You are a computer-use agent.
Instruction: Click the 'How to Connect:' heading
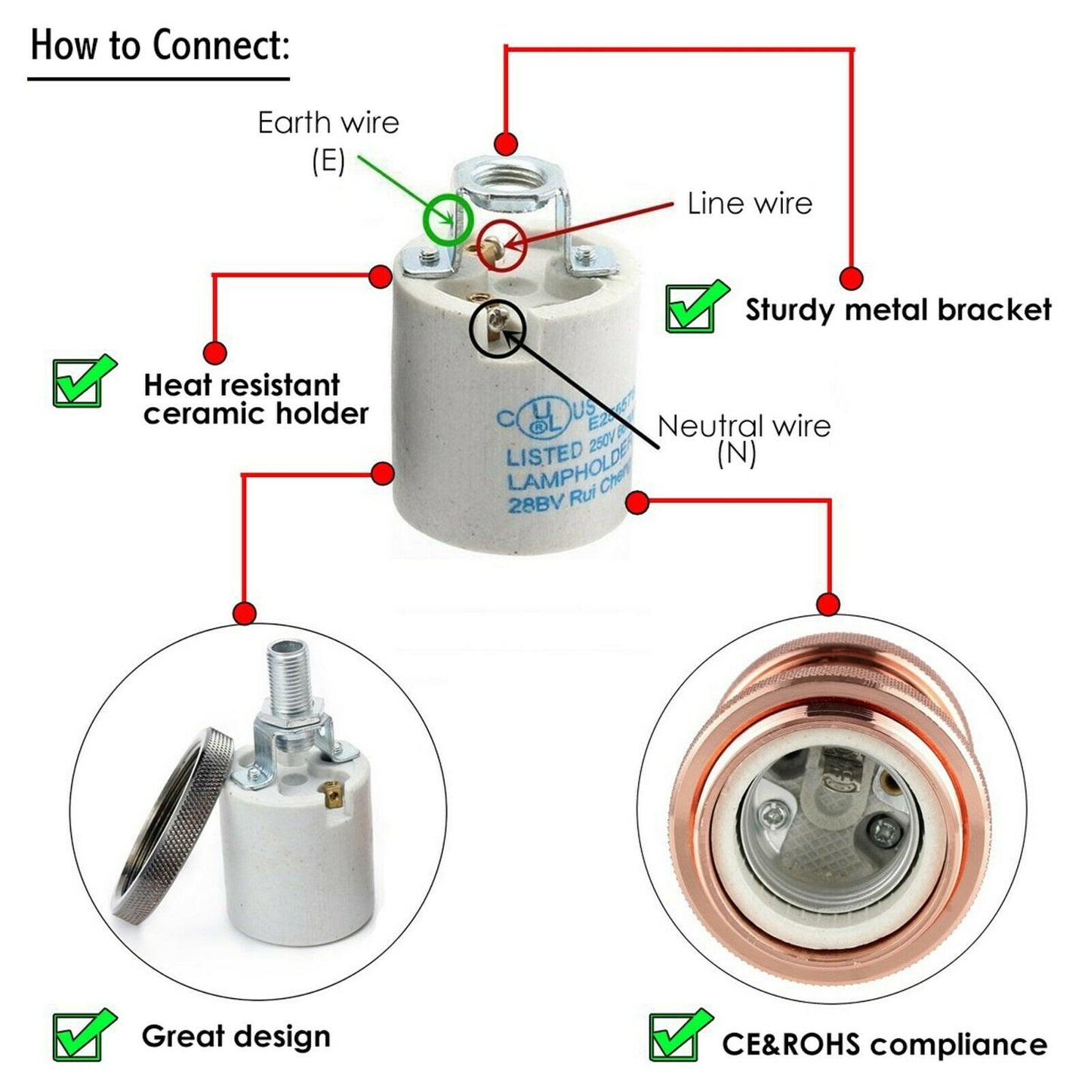pos(159,45)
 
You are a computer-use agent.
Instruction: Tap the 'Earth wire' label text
pos(328,123)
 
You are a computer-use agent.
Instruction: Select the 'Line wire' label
pos(749,204)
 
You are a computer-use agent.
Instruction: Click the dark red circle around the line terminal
pos(501,245)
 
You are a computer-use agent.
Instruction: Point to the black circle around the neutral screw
pos(495,325)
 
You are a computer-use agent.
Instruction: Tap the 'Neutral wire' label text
pos(744,427)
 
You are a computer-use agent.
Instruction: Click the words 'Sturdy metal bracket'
pos(898,310)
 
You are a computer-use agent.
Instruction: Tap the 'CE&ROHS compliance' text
pos(884,1045)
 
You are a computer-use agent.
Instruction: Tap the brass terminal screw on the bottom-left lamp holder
pos(329,793)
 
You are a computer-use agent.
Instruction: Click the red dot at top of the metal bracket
pos(505,143)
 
